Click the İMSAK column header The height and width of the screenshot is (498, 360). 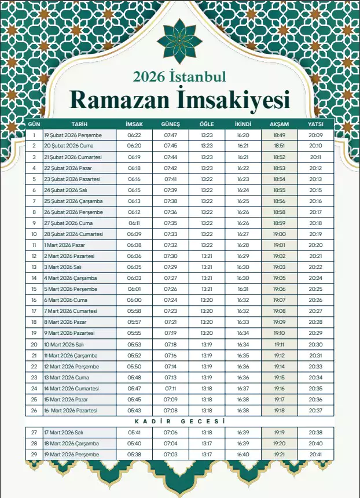click(x=134, y=124)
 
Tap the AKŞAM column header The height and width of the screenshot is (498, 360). click(x=279, y=124)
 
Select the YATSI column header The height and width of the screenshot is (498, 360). click(x=315, y=124)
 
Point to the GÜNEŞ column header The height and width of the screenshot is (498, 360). click(x=171, y=124)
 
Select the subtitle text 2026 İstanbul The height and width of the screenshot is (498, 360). click(x=179, y=76)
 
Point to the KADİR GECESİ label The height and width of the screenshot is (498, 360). click(x=179, y=422)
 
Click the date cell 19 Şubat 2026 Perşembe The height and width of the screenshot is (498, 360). click(x=73, y=135)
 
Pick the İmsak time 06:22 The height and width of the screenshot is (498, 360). click(x=134, y=135)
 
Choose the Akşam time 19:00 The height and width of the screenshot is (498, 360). click(x=279, y=234)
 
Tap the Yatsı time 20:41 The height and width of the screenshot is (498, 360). click(x=315, y=455)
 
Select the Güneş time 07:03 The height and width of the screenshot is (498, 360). click(x=171, y=455)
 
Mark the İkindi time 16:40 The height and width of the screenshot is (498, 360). click(x=243, y=455)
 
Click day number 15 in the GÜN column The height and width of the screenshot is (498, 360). click(x=34, y=289)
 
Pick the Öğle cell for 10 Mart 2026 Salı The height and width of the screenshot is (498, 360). click(x=207, y=344)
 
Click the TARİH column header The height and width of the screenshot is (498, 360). click(x=79, y=124)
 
